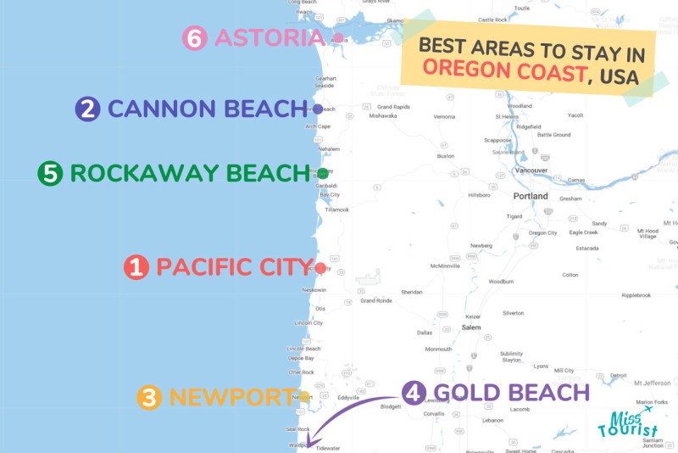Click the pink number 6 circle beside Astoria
coord(195,38)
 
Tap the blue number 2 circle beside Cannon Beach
coord(87,109)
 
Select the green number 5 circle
coord(50,174)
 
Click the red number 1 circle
coord(136,267)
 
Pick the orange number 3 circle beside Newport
coord(149,397)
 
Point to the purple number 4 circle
coord(413,393)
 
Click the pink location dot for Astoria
coord(338,38)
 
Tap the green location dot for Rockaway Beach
coord(323,174)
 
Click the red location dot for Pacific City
coord(320,268)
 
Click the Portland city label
coord(531,196)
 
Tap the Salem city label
coord(471,327)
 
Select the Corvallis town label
coord(434,413)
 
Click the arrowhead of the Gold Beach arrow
coord(311,445)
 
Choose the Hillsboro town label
coord(480,194)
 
